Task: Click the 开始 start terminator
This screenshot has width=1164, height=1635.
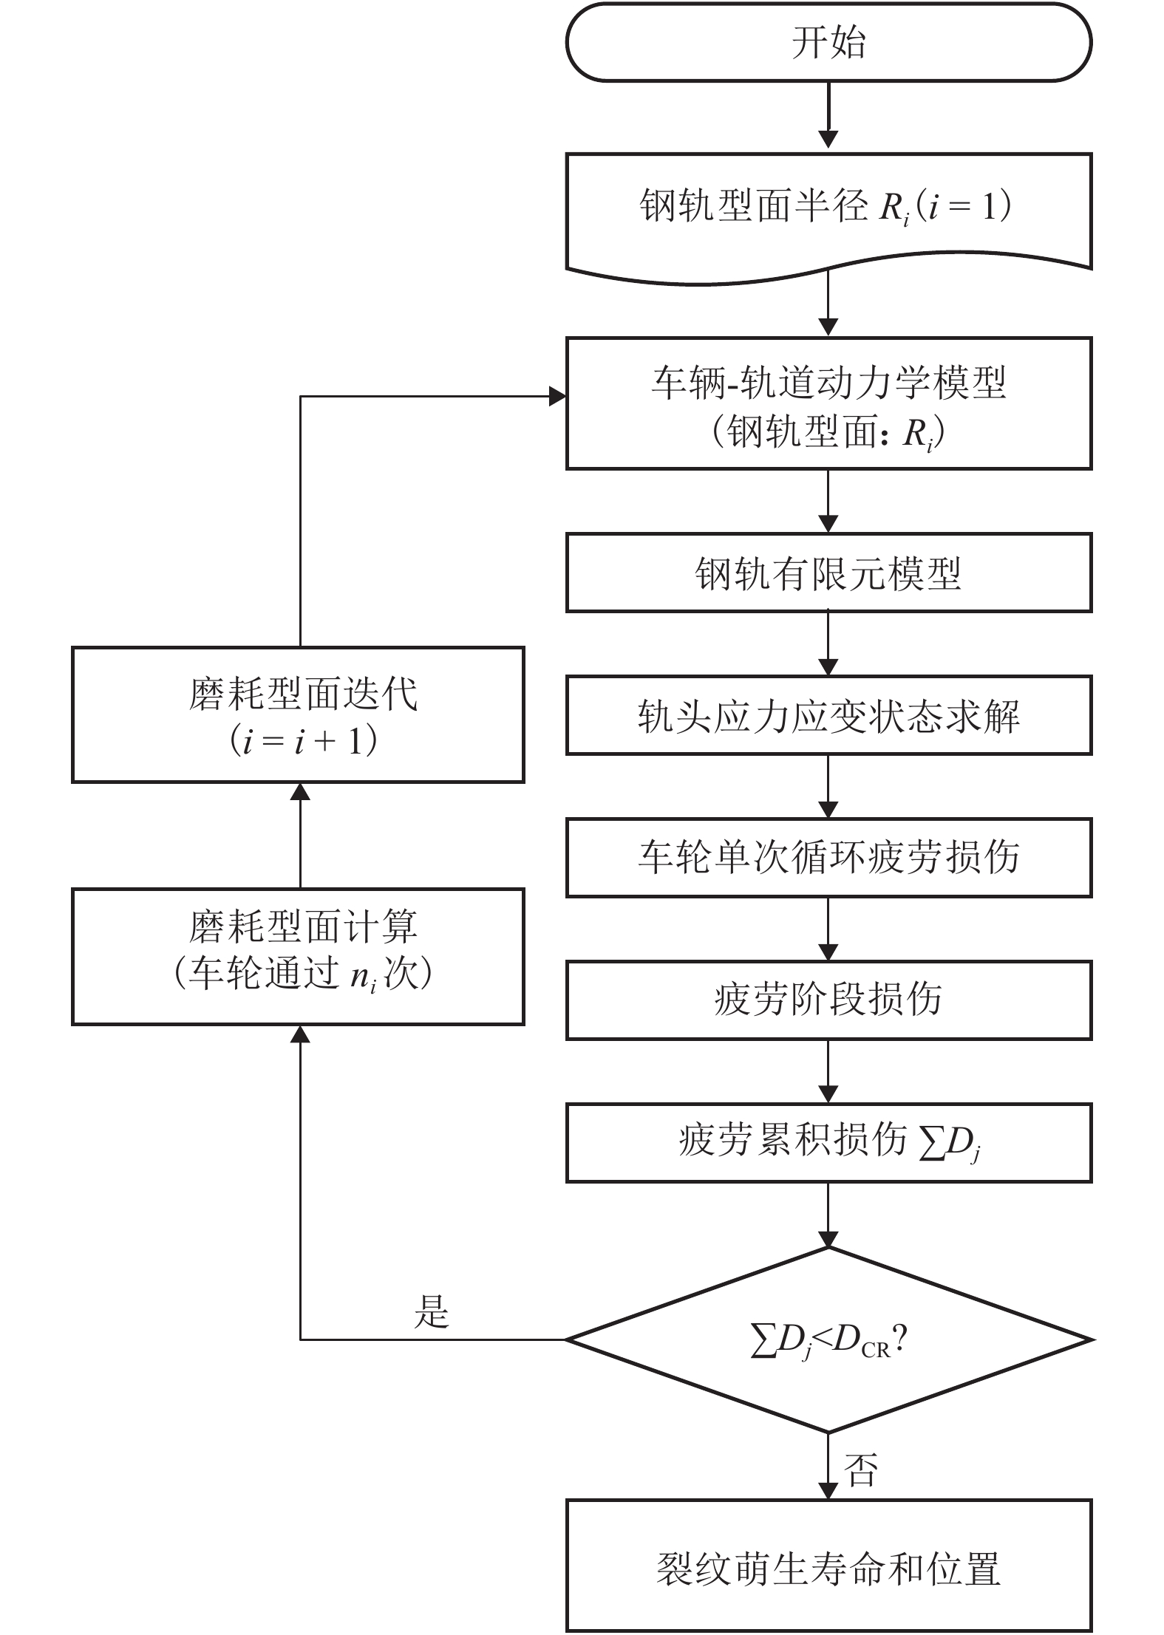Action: point(828,42)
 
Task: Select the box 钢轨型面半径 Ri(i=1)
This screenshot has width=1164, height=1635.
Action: point(828,211)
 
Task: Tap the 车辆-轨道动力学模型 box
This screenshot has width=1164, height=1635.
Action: point(828,403)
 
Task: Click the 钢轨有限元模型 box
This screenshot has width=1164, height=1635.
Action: point(828,573)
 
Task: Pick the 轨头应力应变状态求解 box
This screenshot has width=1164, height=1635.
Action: point(828,715)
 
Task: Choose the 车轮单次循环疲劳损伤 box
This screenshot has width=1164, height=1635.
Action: point(828,858)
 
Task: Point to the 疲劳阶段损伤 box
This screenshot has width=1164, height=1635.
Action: point(828,1000)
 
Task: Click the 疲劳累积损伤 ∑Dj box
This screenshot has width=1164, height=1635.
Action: point(828,1142)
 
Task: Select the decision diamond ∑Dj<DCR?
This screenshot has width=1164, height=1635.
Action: point(828,1339)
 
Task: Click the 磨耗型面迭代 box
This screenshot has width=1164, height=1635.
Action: point(298,714)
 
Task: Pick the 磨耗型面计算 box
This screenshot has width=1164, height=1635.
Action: point(298,956)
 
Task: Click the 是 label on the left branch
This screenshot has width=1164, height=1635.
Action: point(432,1311)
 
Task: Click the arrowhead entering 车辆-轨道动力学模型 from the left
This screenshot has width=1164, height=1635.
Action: point(557,397)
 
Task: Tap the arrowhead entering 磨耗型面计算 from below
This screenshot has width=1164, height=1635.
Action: point(300,1034)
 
